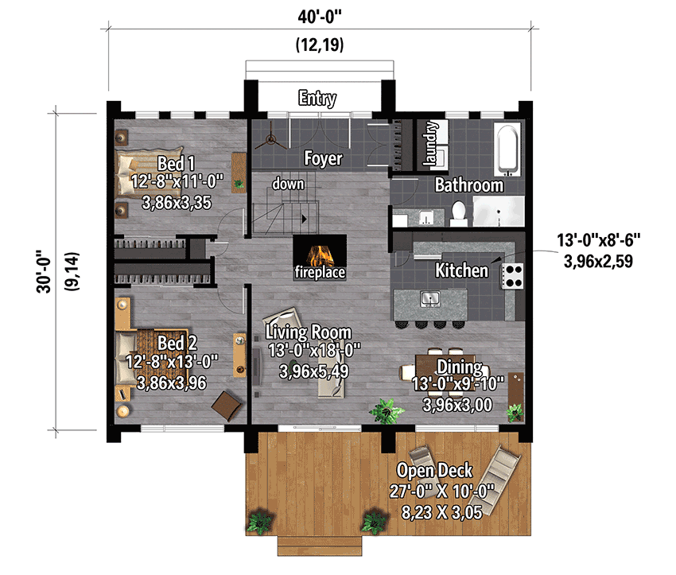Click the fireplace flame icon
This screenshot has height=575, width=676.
click(321, 255)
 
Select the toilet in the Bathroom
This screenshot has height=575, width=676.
click(458, 212)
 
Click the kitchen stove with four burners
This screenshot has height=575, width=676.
click(513, 275)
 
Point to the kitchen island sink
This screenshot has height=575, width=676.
click(430, 299)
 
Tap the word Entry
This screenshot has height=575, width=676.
click(317, 99)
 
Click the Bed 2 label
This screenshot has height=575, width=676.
click(177, 343)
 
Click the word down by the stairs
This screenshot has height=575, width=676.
click(288, 184)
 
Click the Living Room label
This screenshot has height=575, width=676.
click(309, 332)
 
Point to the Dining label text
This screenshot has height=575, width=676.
click(460, 367)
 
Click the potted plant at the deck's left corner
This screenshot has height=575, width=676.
click(258, 523)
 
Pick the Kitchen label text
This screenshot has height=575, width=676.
click(461, 270)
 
